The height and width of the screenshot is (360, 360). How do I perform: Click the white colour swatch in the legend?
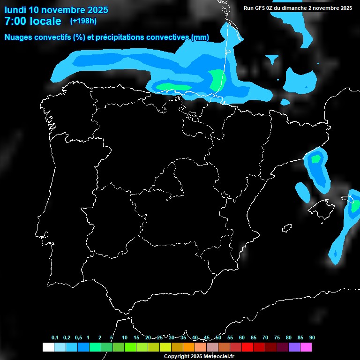(x=48, y=347)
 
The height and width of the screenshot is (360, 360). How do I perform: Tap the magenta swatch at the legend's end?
(x=306, y=347)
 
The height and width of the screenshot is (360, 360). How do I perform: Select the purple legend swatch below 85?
(x=294, y=347)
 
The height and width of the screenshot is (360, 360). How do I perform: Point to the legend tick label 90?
(x=312, y=338)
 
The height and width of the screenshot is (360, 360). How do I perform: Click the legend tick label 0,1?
(x=55, y=338)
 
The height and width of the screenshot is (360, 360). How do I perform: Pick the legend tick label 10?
(x=125, y=338)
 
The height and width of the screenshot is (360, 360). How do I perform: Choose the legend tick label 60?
(x=242, y=338)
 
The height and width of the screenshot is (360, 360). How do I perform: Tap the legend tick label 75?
(x=277, y=338)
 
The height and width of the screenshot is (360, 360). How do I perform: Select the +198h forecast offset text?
(x=83, y=21)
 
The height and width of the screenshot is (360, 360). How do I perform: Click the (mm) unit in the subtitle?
(x=200, y=37)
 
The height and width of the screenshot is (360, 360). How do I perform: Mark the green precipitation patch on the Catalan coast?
(x=315, y=159)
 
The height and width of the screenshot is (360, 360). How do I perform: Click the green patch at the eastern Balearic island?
(x=355, y=205)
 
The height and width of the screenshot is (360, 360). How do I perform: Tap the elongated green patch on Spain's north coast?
(x=173, y=87)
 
